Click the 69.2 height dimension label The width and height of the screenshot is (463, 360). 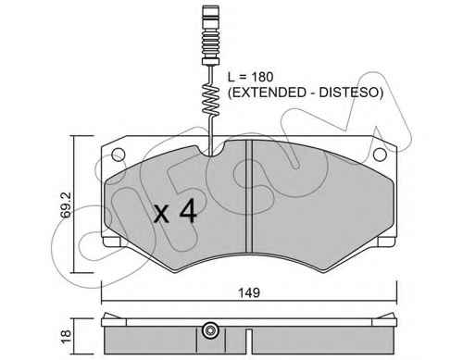click(66, 205)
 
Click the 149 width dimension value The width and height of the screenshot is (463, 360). click(249, 292)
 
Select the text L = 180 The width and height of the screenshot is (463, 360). click(250, 77)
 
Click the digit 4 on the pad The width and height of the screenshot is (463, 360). click(188, 211)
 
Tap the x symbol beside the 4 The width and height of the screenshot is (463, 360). click(161, 215)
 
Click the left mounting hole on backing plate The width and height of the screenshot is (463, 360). click(119, 155)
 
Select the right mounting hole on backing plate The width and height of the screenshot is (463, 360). click(380, 155)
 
